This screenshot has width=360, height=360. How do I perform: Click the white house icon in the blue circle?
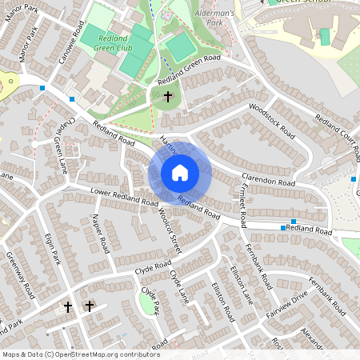click(x=179, y=173)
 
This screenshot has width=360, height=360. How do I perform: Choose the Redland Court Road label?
click(x=334, y=129)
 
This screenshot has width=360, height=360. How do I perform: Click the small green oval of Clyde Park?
click(x=148, y=302)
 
